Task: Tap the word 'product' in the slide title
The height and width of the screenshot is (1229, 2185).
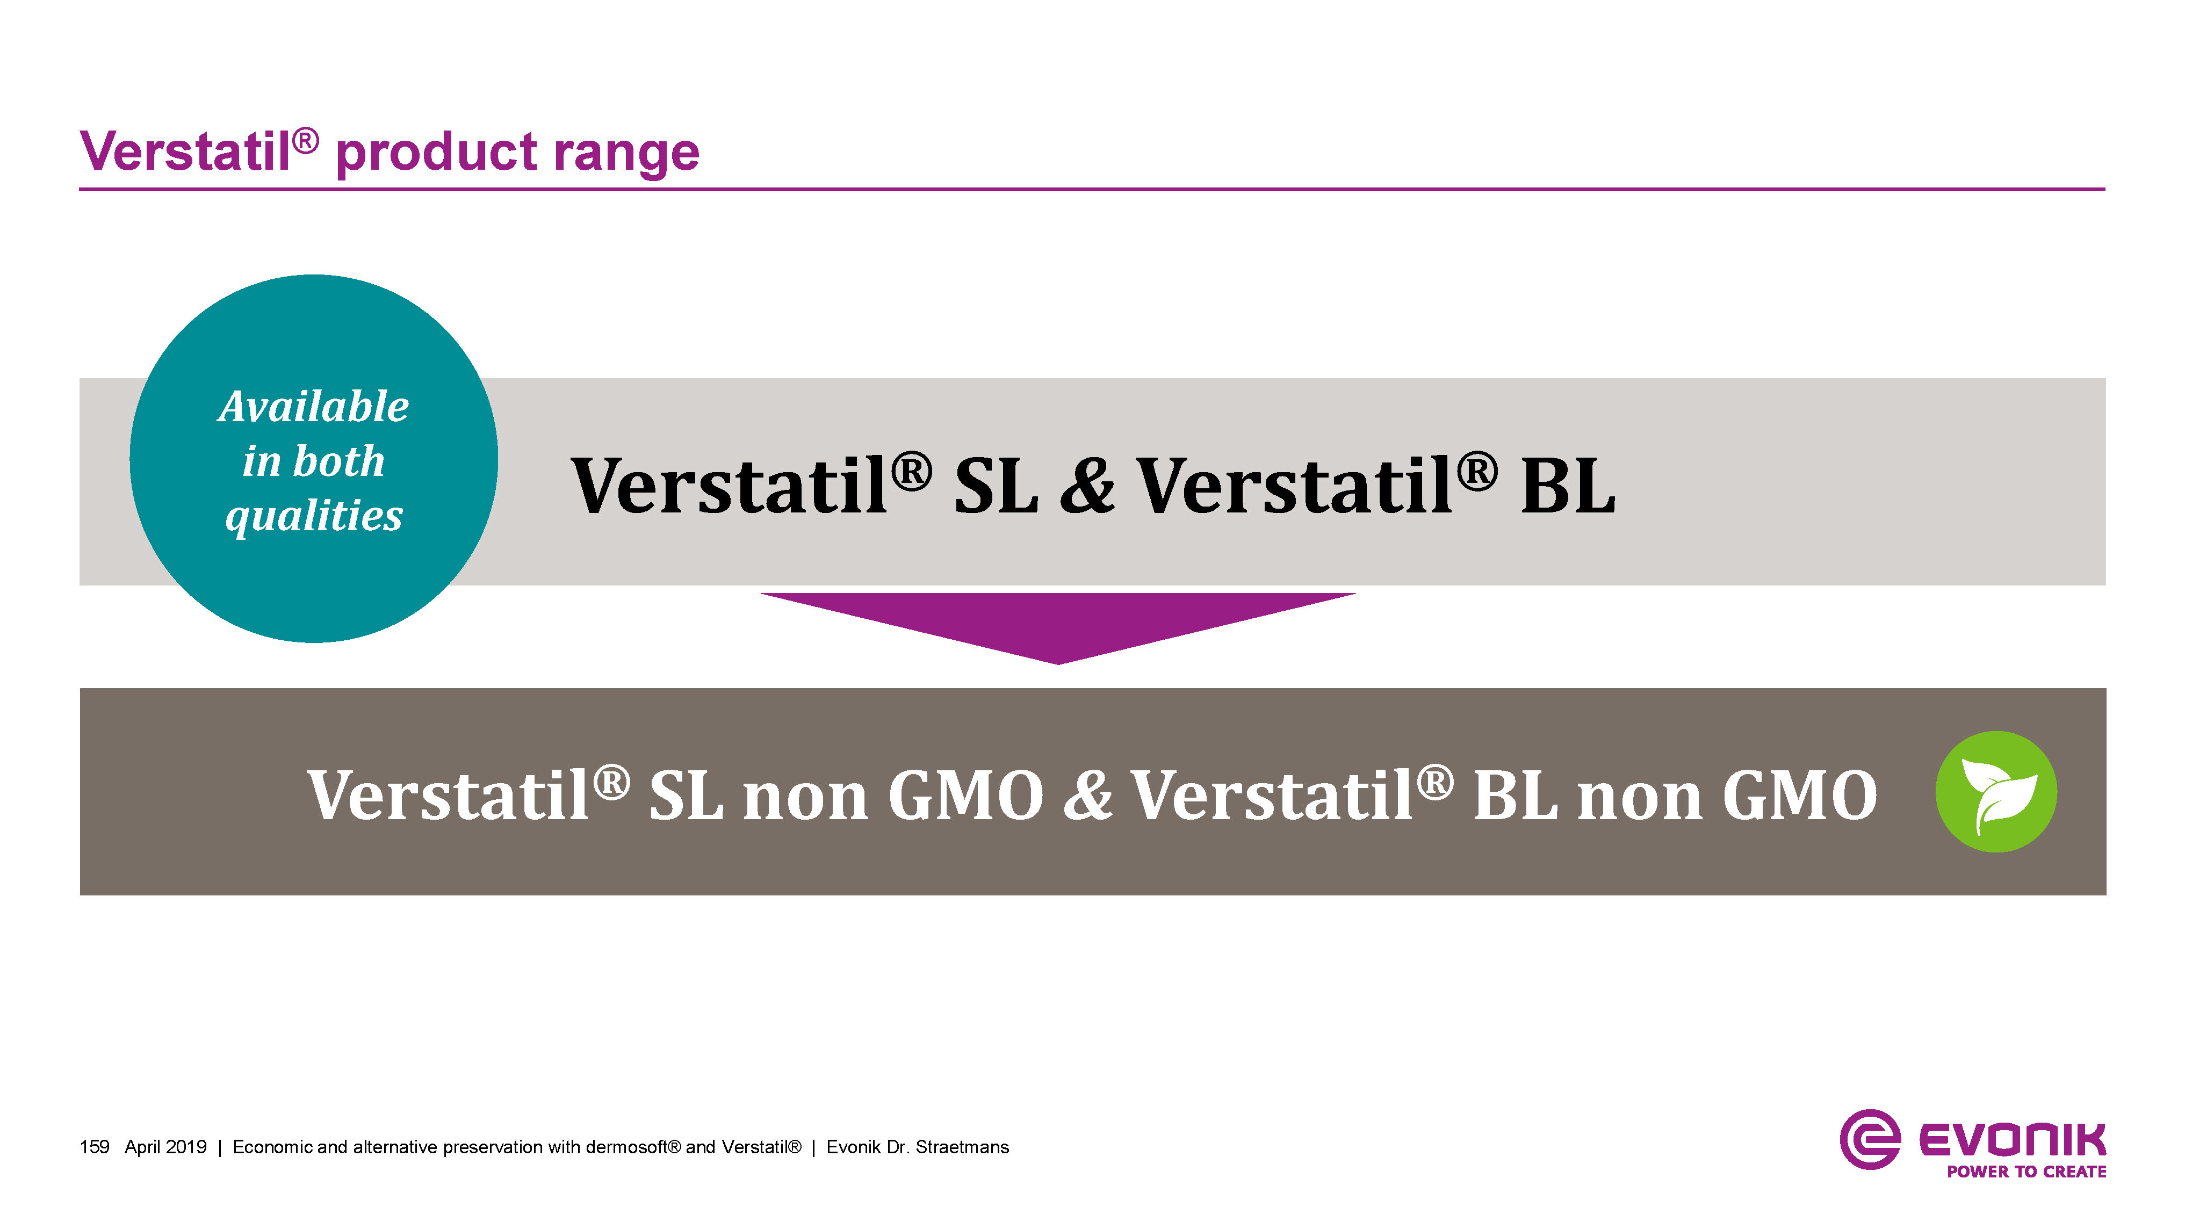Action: tap(436, 154)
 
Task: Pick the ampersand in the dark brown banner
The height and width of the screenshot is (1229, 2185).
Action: tap(1087, 795)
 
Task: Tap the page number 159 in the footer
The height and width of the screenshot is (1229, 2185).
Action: tap(94, 1147)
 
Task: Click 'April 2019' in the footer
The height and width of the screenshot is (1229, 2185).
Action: tap(165, 1147)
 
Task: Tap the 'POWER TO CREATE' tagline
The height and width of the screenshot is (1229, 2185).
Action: tap(2027, 1172)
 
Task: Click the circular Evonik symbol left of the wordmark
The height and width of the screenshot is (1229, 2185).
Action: tap(1870, 1139)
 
